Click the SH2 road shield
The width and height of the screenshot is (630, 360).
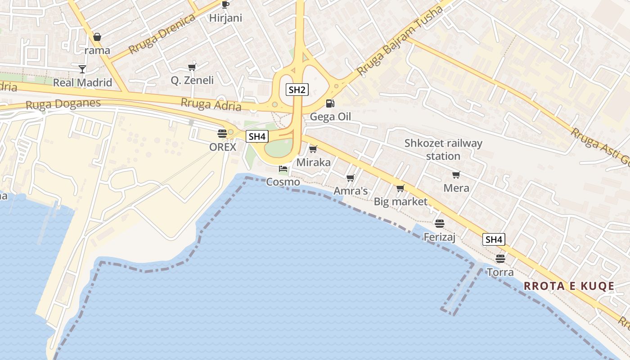pyautogui.click(x=297, y=90)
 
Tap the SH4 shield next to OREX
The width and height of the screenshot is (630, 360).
pyautogui.click(x=257, y=136)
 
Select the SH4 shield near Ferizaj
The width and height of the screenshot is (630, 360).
pyautogui.click(x=494, y=239)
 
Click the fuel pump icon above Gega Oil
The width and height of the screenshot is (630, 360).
pyautogui.click(x=330, y=103)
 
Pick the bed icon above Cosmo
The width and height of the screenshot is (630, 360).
pyautogui.click(x=283, y=169)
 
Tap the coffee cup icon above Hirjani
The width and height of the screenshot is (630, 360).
pyautogui.click(x=225, y=5)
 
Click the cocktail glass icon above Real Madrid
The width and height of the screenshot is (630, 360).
pyautogui.click(x=82, y=69)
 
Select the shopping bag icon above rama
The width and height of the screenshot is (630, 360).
pyautogui.click(x=97, y=37)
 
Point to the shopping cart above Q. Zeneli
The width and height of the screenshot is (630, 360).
pyautogui.click(x=192, y=67)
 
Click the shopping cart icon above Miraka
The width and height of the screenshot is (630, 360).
pyautogui.click(x=313, y=149)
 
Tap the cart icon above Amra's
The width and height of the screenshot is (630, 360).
pyautogui.click(x=351, y=178)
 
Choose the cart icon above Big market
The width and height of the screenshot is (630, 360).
pyautogui.click(x=400, y=188)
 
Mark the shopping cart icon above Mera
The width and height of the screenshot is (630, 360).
pyautogui.click(x=456, y=175)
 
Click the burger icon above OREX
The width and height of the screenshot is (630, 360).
pyautogui.click(x=222, y=133)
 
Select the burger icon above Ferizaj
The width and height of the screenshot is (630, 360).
pyautogui.click(x=440, y=223)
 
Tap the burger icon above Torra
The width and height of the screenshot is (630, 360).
pyautogui.click(x=500, y=259)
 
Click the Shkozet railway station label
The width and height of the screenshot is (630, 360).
pyautogui.click(x=443, y=150)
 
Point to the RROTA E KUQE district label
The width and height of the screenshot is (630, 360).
pyautogui.click(x=569, y=286)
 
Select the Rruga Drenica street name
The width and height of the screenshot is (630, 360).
pyautogui.click(x=162, y=33)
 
